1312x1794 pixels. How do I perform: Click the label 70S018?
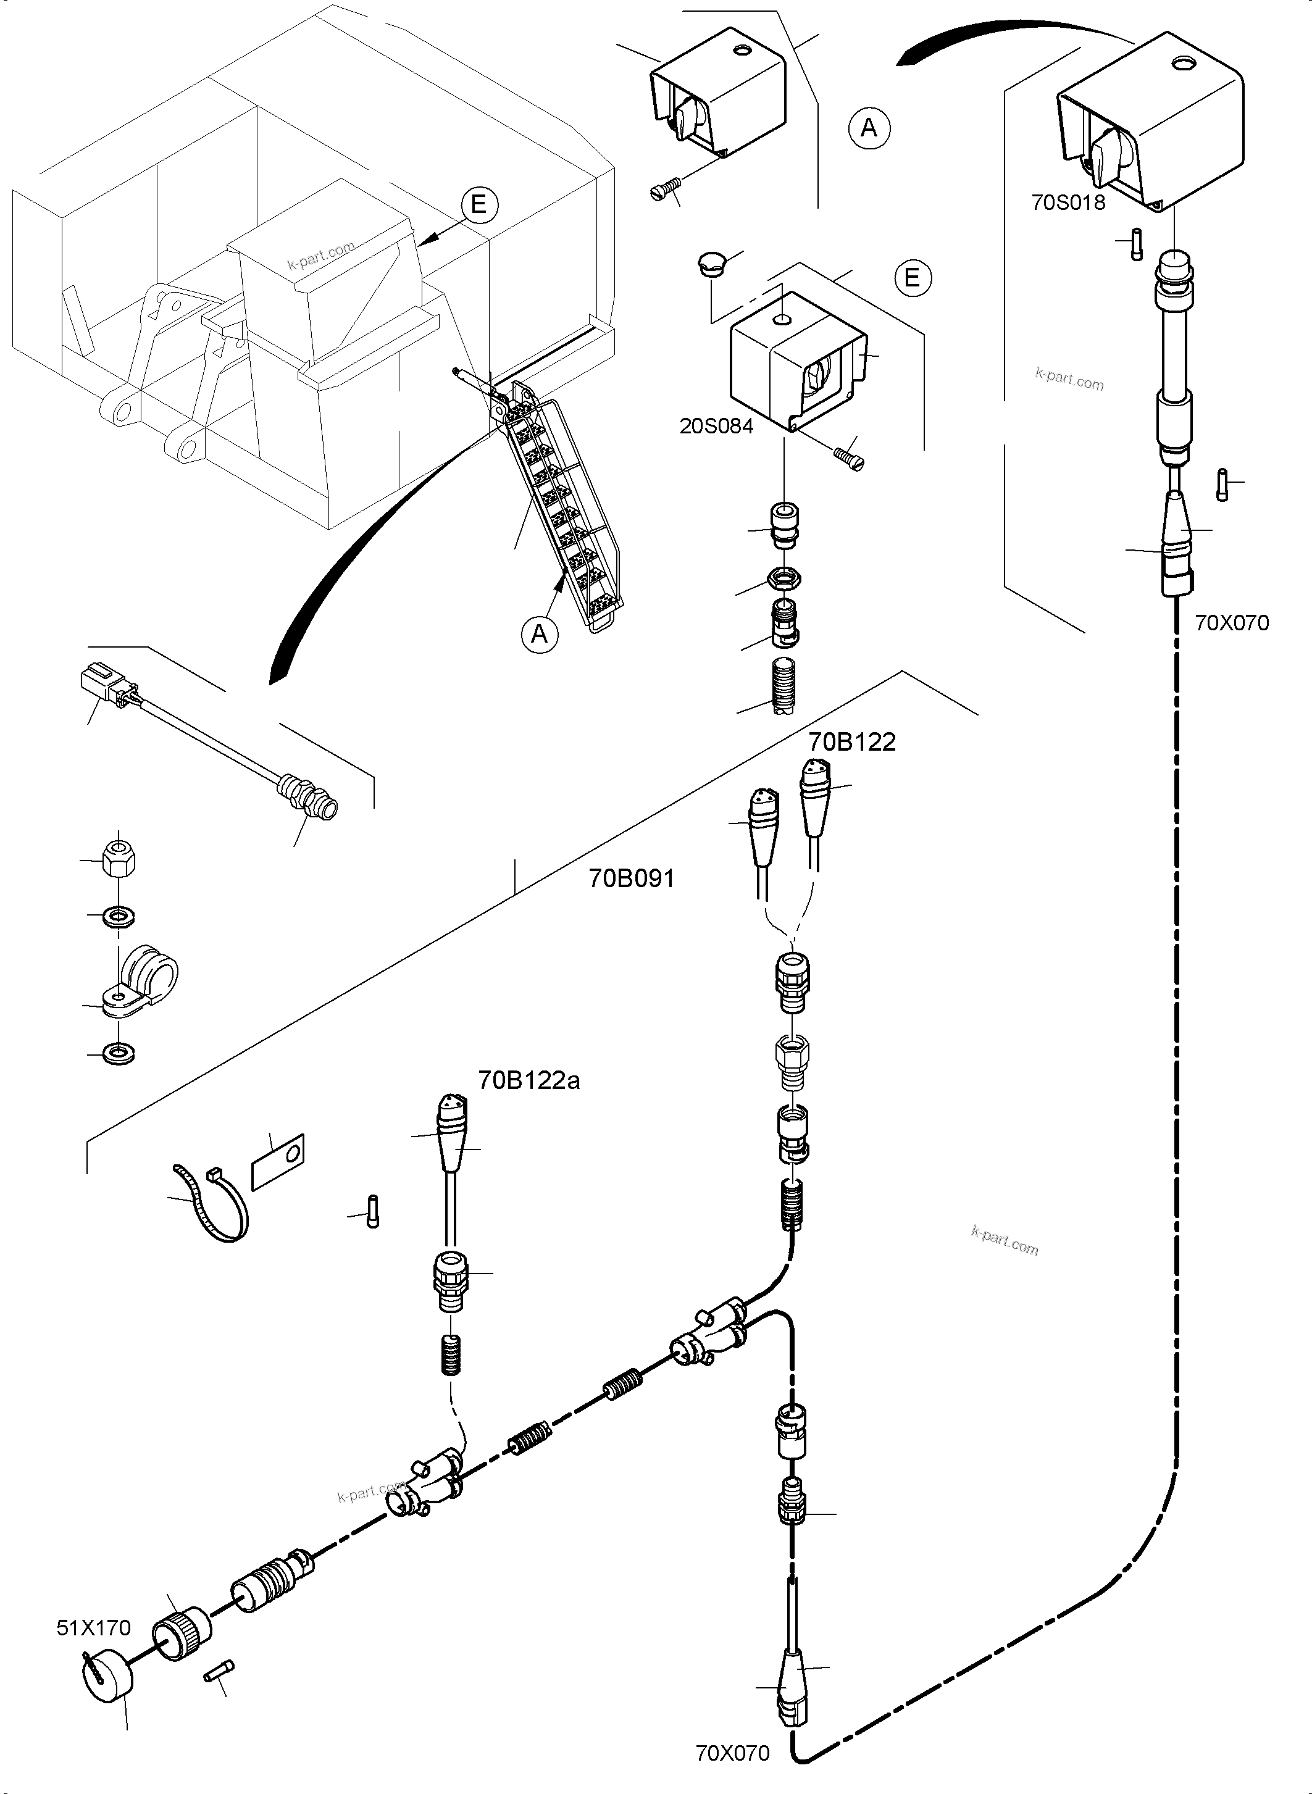pos(1068,202)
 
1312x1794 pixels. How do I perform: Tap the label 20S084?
pos(716,426)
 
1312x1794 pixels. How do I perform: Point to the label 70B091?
pos(632,878)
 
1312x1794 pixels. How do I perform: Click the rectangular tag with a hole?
pos(278,1162)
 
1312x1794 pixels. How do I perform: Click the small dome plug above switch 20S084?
pos(712,262)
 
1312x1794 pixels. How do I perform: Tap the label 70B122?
pos(852,742)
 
